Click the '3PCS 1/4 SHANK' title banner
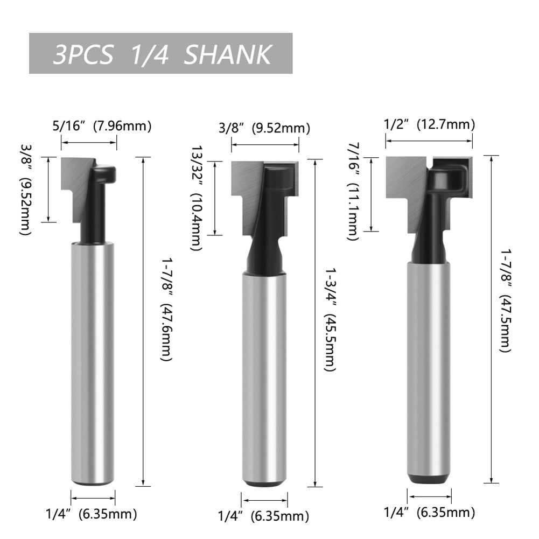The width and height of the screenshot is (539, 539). click(160, 54)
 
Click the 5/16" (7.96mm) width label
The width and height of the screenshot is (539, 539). click(101, 127)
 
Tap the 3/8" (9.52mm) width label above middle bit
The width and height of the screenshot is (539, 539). click(256, 128)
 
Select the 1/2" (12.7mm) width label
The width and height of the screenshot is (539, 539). click(429, 124)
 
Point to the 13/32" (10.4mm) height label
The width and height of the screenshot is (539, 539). click(198, 198)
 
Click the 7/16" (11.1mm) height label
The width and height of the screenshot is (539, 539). click(352, 191)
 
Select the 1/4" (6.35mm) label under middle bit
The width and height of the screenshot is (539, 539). click(263, 516)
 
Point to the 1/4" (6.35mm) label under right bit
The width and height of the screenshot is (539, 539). click(429, 512)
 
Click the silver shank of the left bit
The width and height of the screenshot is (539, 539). click(93, 366)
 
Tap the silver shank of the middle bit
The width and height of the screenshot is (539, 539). click(264, 377)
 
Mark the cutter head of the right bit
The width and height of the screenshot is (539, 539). click(429, 188)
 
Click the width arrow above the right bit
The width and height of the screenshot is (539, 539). click(429, 141)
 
